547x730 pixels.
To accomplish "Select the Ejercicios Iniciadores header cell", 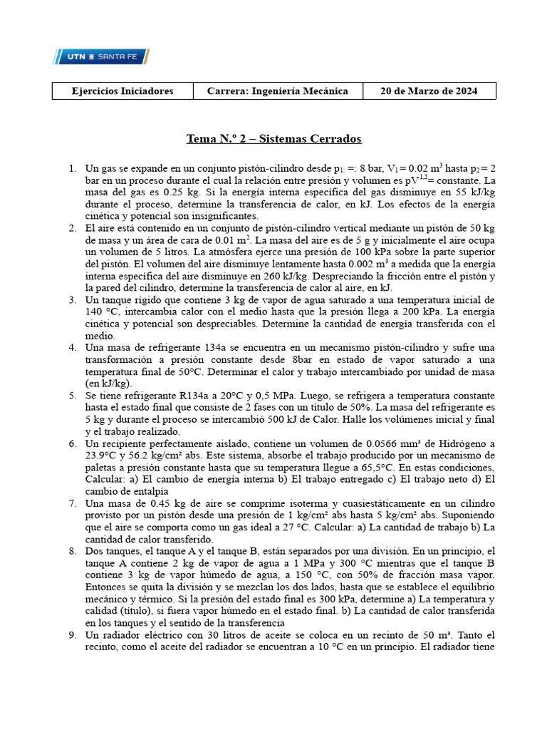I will pos(123,91).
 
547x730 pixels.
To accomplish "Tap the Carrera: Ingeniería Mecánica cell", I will pos(277,91).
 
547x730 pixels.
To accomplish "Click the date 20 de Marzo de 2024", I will pos(429,91).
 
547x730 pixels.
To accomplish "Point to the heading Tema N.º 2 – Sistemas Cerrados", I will pos(273,138).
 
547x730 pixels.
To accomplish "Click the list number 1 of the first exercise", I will pos(72,168).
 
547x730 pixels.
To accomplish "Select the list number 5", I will pos(72,395).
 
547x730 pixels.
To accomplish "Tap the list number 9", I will pos(72,634).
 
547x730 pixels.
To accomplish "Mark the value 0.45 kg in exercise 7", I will pos(166,503).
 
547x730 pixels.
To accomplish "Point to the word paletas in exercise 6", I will pos(104,467).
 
